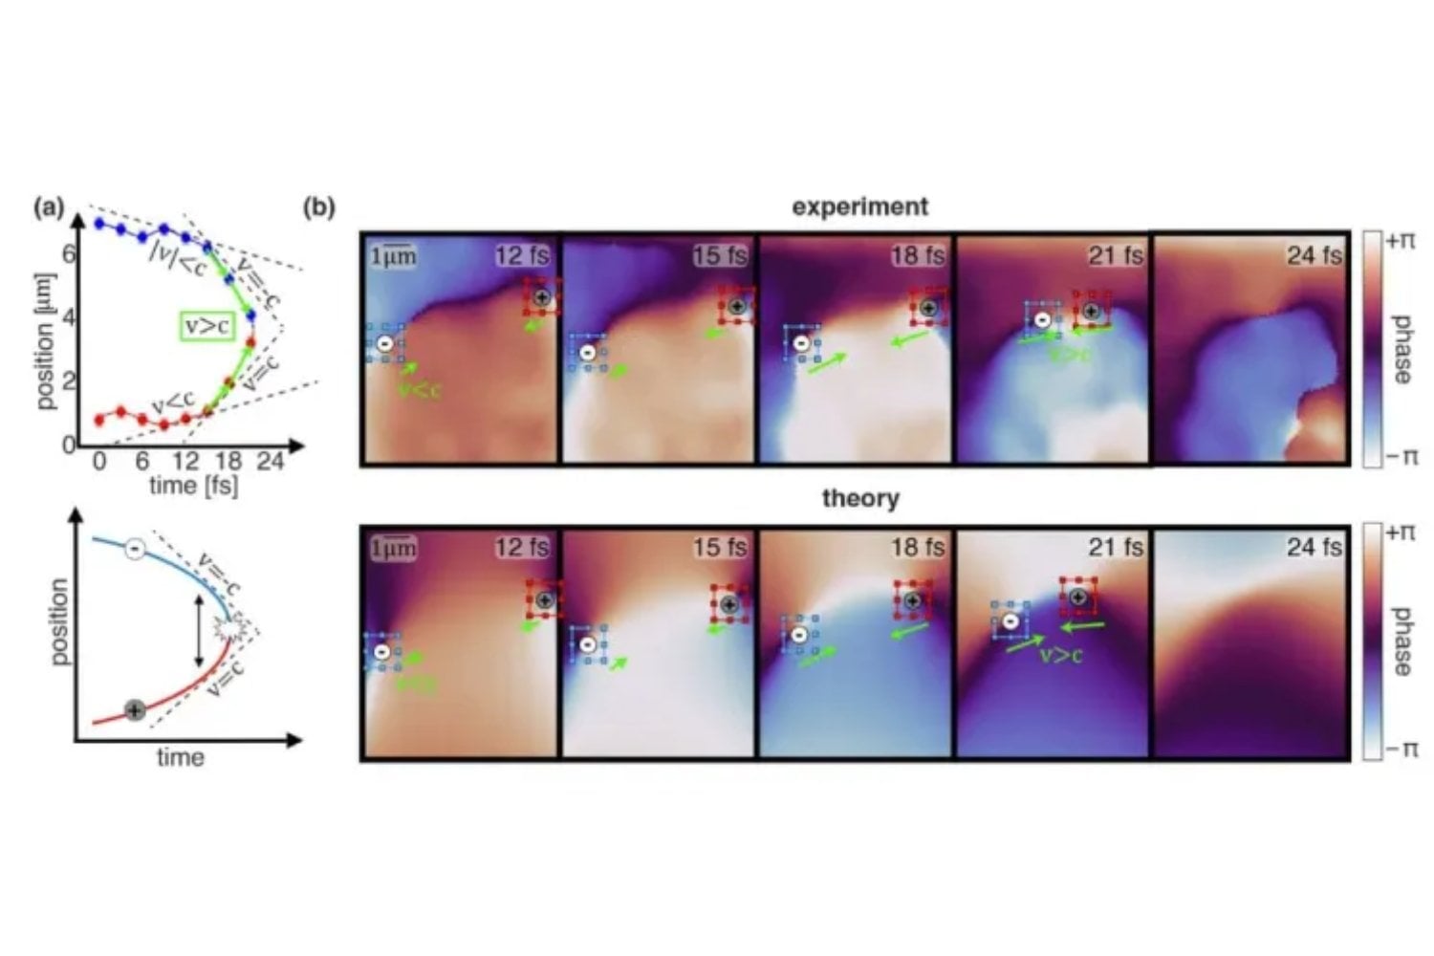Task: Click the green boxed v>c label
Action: [x=206, y=326]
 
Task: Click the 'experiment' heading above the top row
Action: [x=859, y=206]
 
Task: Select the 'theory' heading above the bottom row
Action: [x=859, y=498]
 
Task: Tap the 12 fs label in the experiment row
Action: [x=521, y=255]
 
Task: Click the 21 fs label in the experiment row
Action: [x=1115, y=255]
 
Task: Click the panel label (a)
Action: [x=50, y=207]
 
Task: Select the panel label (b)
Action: [x=319, y=207]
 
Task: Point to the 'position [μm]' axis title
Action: [x=46, y=341]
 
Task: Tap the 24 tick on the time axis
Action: [x=271, y=462]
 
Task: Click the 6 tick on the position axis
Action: [x=68, y=253]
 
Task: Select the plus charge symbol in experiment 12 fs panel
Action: [x=542, y=297]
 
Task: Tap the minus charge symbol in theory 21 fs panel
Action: [x=1010, y=620]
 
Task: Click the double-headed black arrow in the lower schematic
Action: [x=198, y=631]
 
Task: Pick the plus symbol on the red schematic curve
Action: [x=135, y=709]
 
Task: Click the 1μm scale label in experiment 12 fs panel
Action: [x=393, y=256]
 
